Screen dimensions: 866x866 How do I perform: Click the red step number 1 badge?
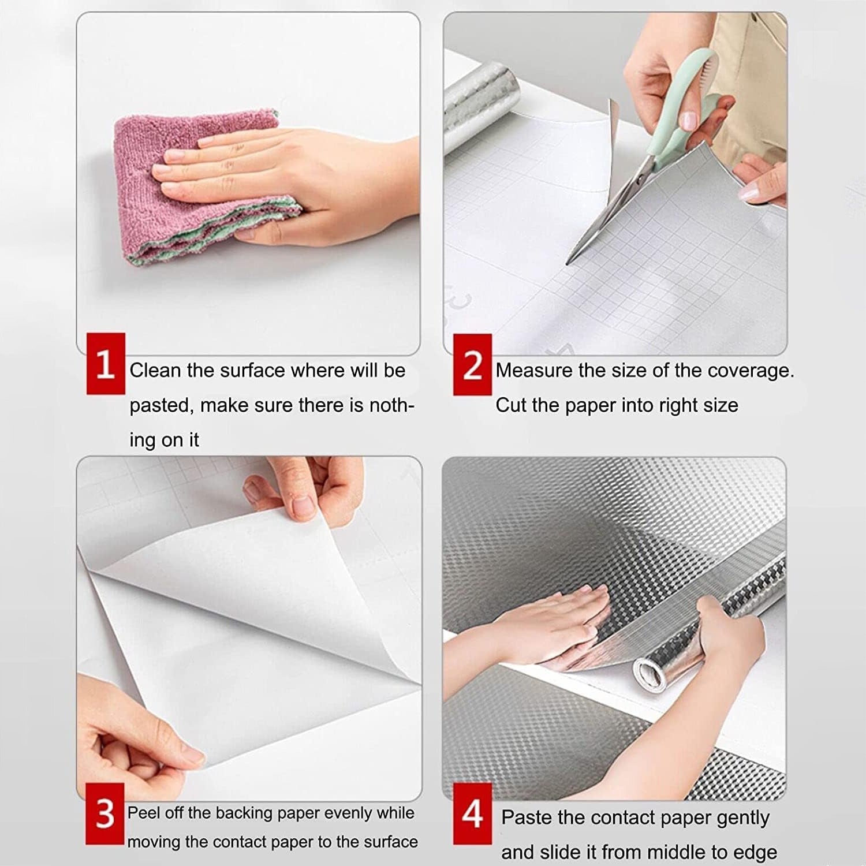[106, 364]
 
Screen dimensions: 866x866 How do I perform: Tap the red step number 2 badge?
[472, 364]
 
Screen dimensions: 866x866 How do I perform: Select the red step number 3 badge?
[105, 813]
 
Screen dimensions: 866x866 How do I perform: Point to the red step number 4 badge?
[472, 813]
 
